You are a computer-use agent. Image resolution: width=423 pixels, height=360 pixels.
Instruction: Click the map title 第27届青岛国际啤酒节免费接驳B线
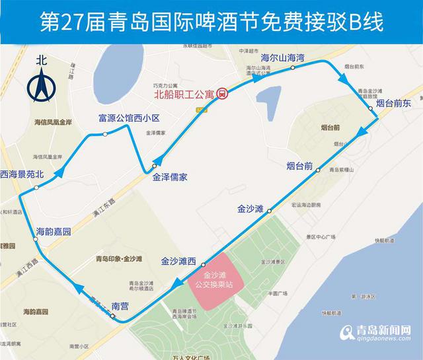click(x=211, y=21)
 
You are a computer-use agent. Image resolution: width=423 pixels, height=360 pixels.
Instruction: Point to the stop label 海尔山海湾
click(x=282, y=58)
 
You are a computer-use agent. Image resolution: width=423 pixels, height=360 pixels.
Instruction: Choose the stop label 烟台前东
click(x=394, y=103)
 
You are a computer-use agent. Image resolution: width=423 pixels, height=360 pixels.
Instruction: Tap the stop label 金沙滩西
click(x=179, y=261)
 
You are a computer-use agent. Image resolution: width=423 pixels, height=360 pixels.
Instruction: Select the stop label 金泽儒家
click(x=170, y=177)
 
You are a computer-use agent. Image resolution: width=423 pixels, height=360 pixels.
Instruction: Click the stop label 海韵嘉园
click(x=53, y=232)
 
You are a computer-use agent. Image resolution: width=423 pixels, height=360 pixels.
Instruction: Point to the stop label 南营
click(x=120, y=306)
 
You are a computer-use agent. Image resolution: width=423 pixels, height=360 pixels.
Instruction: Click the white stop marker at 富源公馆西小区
click(x=106, y=134)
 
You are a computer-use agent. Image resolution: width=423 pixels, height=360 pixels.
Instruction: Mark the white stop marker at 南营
click(x=113, y=317)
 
